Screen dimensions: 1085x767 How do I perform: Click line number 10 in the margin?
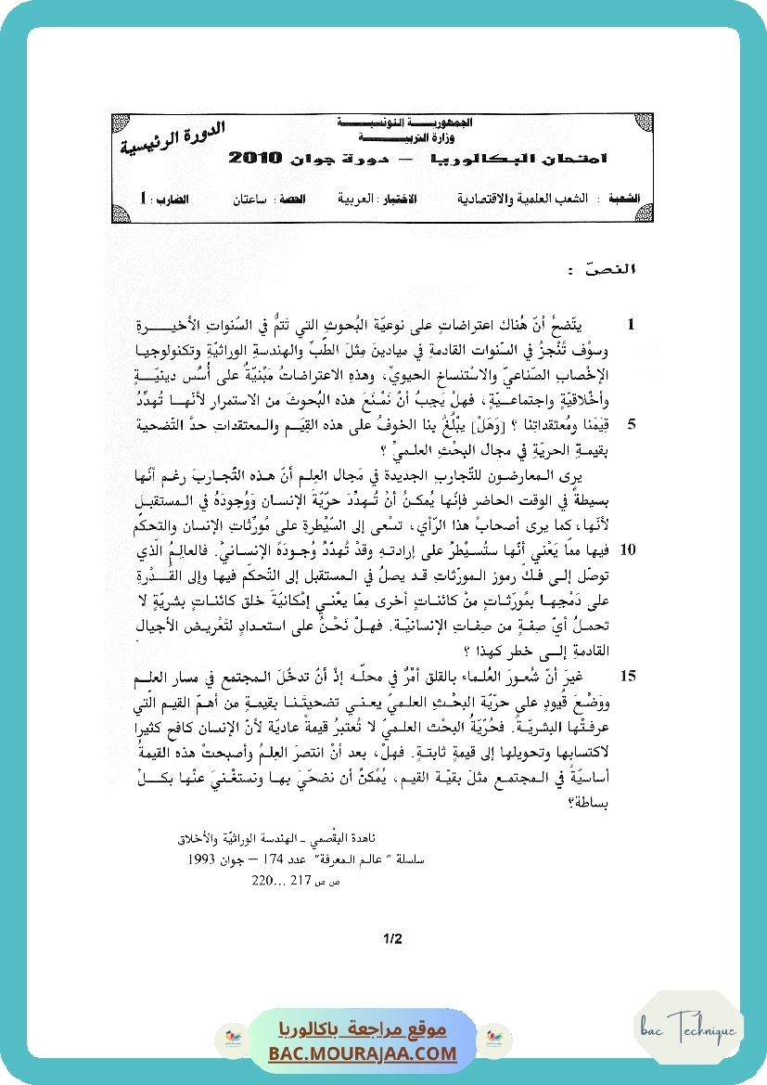(x=628, y=550)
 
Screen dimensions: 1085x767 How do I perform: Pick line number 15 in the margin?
(x=628, y=675)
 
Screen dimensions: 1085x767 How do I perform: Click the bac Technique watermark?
(x=687, y=1029)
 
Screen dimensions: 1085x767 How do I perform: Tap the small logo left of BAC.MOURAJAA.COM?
(x=229, y=1038)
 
